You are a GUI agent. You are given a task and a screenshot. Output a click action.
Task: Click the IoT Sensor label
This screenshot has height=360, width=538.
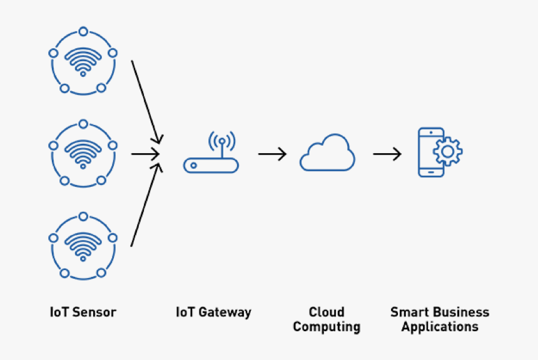(x=83, y=312)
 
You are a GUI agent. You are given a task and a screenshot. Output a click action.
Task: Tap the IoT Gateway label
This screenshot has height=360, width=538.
(x=213, y=312)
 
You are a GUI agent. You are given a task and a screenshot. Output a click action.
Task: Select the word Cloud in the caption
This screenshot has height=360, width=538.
(x=327, y=312)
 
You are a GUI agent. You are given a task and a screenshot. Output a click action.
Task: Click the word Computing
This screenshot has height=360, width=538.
(x=327, y=327)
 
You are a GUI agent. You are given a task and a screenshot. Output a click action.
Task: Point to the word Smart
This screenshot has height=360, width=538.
(x=409, y=312)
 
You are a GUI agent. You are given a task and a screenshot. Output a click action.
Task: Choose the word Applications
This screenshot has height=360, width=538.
(x=440, y=327)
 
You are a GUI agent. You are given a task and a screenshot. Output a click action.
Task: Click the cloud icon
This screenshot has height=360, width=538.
(x=327, y=152)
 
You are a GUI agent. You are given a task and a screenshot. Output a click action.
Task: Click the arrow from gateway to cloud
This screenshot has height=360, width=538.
(x=272, y=154)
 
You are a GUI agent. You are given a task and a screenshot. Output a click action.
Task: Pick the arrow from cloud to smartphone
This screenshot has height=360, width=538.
(x=387, y=154)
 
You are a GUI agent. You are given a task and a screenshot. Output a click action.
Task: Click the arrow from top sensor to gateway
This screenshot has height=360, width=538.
(x=146, y=100)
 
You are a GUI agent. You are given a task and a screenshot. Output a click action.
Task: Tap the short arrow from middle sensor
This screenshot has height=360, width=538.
(x=146, y=153)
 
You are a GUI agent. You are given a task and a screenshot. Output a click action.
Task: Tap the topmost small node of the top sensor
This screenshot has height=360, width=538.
(x=83, y=31)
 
